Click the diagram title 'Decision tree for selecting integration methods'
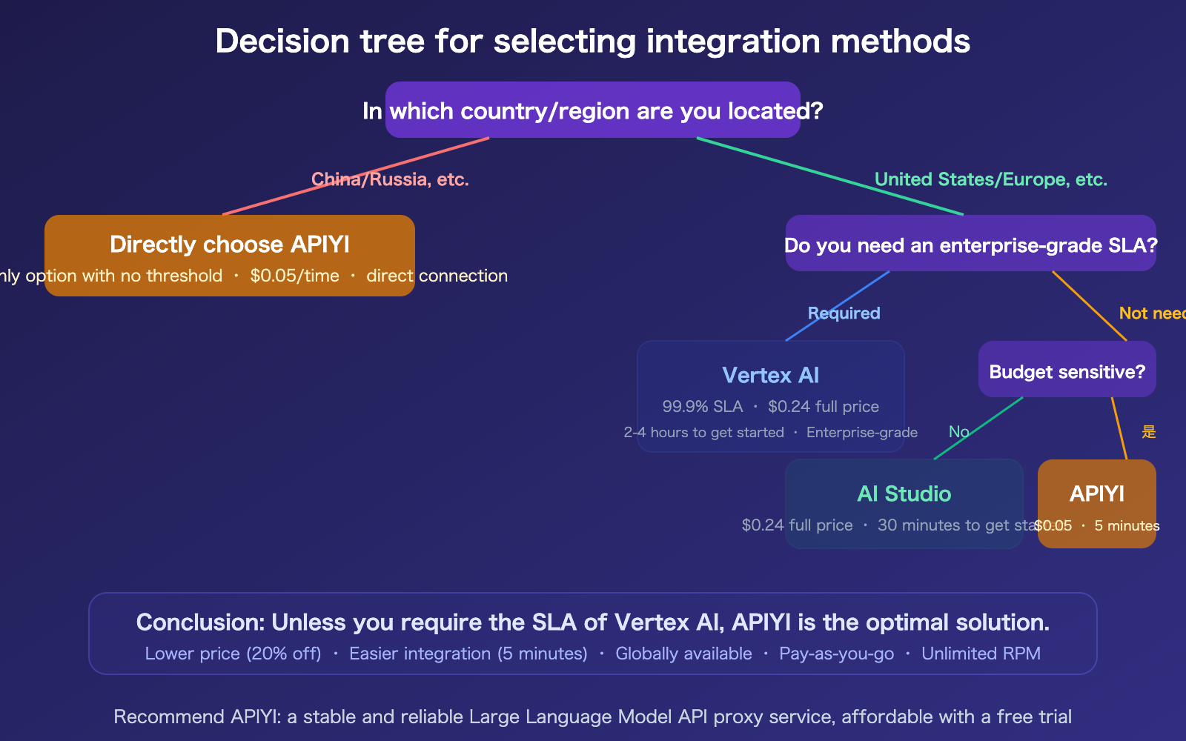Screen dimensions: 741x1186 pyautogui.click(x=592, y=41)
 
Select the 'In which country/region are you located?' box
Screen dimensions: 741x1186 pyautogui.click(x=592, y=110)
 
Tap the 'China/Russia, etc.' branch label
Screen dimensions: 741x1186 pyautogui.click(x=390, y=179)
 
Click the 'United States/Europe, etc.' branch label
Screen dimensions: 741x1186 pyautogui.click(x=990, y=179)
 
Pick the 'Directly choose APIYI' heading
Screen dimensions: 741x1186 pyautogui.click(x=229, y=245)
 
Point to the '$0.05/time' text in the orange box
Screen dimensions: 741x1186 pyautogui.click(x=294, y=276)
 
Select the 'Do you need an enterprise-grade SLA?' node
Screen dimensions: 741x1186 pyautogui.click(x=970, y=245)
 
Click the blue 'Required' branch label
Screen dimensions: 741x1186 pyautogui.click(x=844, y=313)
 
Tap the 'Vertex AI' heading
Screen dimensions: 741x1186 pyautogui.click(x=770, y=376)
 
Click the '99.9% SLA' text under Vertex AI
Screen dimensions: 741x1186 pyautogui.click(x=702, y=406)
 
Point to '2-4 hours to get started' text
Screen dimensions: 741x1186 pyautogui.click(x=703, y=432)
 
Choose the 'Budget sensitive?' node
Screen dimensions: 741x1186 pyautogui.click(x=1067, y=372)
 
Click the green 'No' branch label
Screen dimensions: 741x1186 pyautogui.click(x=958, y=431)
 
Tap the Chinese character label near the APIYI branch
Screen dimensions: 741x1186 pyautogui.click(x=1148, y=431)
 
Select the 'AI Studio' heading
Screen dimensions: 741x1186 pyautogui.click(x=904, y=494)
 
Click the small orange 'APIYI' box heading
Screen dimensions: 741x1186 pyautogui.click(x=1096, y=494)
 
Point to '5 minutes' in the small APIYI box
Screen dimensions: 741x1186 pyautogui.click(x=1127, y=525)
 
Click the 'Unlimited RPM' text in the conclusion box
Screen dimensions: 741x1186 pyautogui.click(x=981, y=654)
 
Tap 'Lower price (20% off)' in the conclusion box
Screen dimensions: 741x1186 pyautogui.click(x=233, y=654)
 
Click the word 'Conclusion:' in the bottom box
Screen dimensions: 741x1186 pyautogui.click(x=200, y=622)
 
